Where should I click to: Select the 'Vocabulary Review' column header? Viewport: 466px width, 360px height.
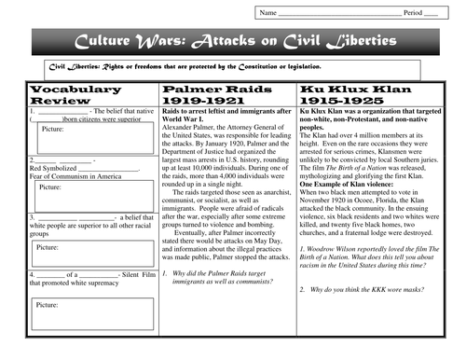point(75,94)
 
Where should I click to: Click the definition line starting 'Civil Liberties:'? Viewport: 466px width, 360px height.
point(186,68)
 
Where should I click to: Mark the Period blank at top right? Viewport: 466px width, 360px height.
point(430,13)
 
